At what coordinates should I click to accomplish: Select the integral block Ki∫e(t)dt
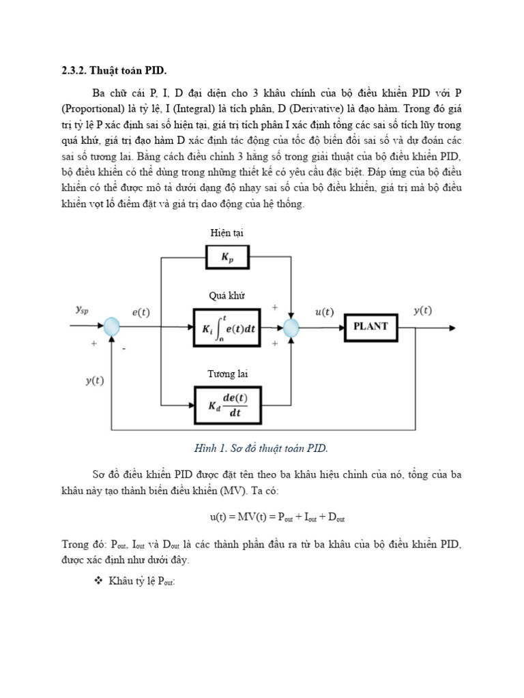[227, 329]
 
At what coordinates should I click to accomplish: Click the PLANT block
[370, 327]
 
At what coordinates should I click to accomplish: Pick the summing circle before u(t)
[291, 329]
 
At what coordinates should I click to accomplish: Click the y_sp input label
[82, 310]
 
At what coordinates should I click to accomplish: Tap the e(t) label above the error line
[141, 312]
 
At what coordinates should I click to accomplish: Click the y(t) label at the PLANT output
[423, 311]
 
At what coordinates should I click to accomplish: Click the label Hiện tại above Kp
[227, 233]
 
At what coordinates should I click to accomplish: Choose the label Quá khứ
[227, 296]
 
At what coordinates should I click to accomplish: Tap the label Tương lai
[227, 374]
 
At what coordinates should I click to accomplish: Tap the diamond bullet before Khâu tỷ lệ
[96, 581]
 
